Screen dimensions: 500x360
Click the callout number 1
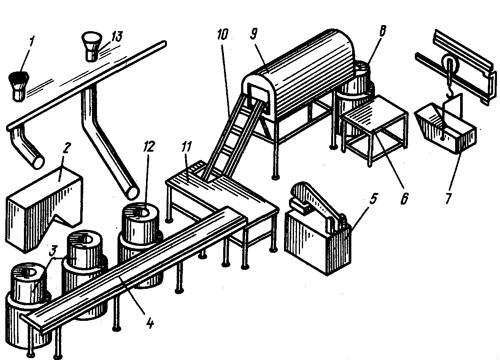tap(32, 43)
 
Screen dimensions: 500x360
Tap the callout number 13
tap(116, 37)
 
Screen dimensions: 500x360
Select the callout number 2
tap(66, 149)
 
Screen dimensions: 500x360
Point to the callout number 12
tap(148, 148)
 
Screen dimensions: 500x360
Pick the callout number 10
tap(222, 34)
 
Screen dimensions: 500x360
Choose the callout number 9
tap(254, 34)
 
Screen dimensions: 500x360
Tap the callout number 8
tap(382, 32)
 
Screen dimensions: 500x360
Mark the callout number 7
tap(449, 198)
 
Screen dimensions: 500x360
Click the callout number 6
tap(404, 199)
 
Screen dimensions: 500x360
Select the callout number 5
tap(373, 199)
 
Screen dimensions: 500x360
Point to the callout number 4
tap(150, 322)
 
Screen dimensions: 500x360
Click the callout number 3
tap(53, 252)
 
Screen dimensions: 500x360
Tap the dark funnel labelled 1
tap(19, 86)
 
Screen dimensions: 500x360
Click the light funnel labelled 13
tap(91, 46)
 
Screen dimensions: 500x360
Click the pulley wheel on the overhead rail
tap(450, 64)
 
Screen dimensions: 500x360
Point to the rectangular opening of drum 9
tap(258, 98)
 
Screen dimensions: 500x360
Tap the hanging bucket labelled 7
tap(445, 129)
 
